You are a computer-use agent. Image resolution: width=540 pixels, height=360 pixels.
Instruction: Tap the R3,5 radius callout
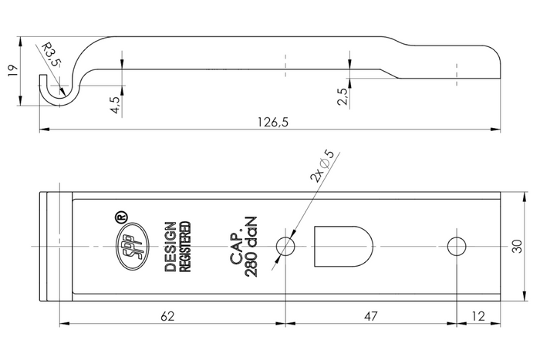click(51, 56)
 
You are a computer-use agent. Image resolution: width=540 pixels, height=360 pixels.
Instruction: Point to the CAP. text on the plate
click(236, 247)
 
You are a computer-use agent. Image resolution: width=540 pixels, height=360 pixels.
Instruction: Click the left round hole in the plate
click(286, 247)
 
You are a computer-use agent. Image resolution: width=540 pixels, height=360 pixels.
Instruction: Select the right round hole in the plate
click(457, 247)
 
